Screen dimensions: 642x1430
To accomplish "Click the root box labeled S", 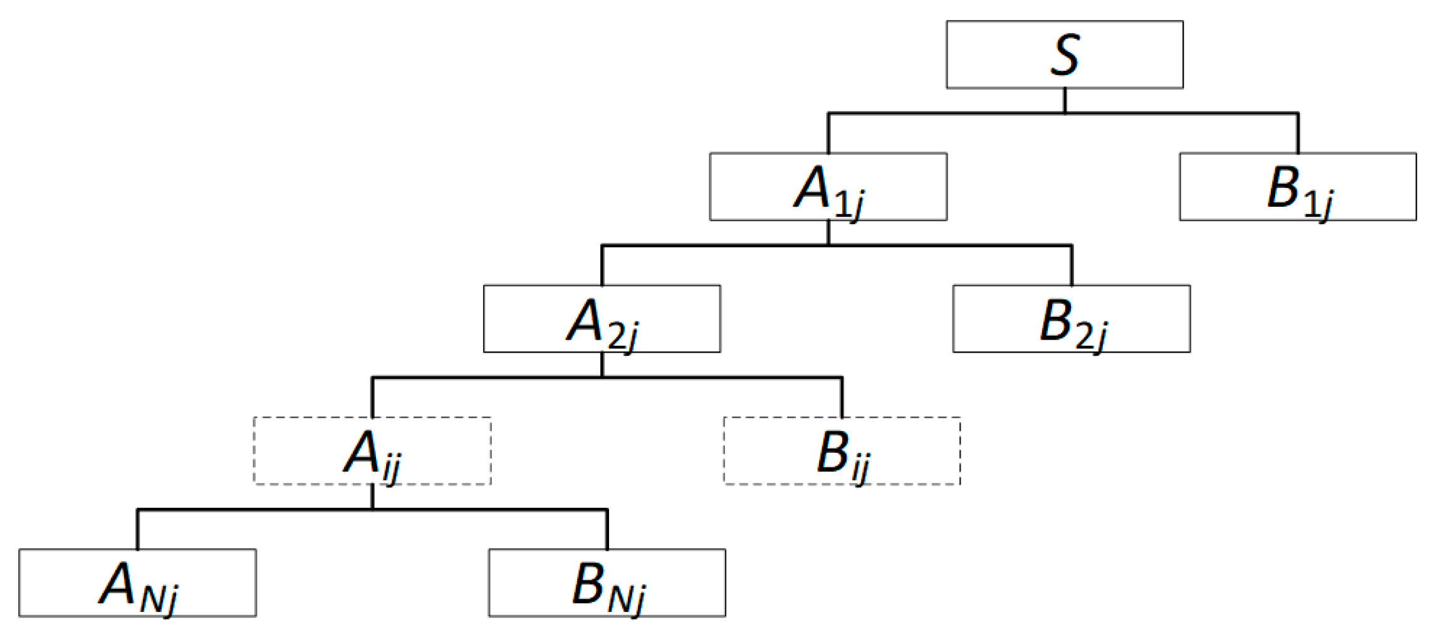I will point(1064,54).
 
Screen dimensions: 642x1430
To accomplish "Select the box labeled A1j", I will point(827,187).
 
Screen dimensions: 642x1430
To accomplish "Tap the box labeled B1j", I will point(1297,187).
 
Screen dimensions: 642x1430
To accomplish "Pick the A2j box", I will point(602,319).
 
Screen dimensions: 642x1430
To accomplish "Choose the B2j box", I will point(1071,319).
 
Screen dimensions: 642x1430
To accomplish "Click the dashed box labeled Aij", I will point(372,451).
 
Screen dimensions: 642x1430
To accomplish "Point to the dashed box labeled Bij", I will point(842,451).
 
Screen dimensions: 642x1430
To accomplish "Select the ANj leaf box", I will point(137,583).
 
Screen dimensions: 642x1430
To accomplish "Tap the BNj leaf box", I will point(607,583).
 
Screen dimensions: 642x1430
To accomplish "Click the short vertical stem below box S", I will point(1065,100).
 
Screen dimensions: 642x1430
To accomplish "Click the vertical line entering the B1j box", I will point(1298,133).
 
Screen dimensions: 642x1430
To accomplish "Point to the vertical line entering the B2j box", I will point(1072,266).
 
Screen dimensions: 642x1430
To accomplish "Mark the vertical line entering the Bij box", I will point(842,398).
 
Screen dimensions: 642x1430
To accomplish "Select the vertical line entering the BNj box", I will point(607,530).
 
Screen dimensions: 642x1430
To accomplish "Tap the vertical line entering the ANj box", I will point(138,530).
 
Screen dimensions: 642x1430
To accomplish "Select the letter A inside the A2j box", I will point(585,321).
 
